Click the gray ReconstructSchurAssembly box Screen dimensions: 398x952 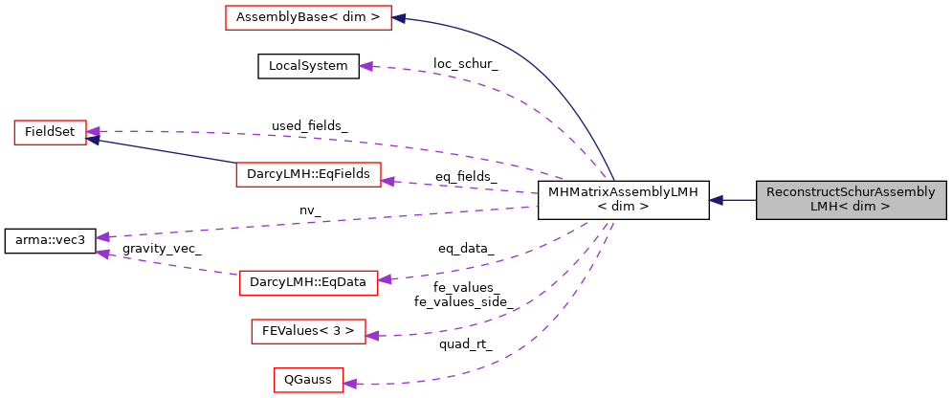coord(851,200)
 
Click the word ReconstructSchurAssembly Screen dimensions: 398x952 coord(851,192)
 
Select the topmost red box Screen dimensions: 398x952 coord(308,18)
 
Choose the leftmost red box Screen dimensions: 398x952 coord(50,133)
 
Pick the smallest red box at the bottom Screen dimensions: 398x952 coord(308,380)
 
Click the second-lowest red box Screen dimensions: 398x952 coord(308,332)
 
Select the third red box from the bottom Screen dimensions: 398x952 coord(308,283)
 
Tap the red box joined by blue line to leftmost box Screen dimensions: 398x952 coord(308,175)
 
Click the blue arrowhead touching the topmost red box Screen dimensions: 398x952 coord(400,18)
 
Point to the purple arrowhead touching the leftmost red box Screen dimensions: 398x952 coord(94,131)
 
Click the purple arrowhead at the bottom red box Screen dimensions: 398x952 coord(350,384)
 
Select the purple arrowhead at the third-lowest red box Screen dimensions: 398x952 coord(385,279)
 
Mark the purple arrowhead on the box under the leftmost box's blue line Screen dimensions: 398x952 coord(387,180)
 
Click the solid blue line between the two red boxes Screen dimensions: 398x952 coord(163,151)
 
